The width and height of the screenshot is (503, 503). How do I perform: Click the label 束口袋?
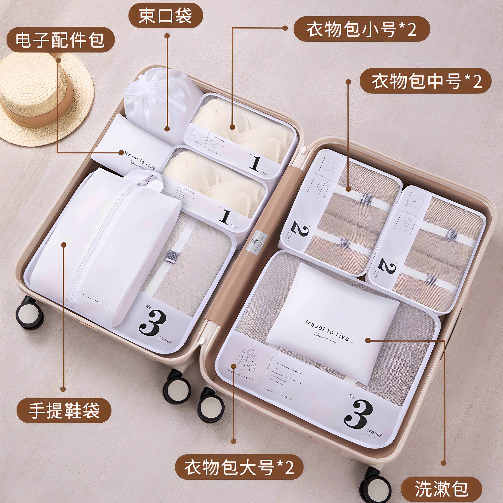click(166, 16)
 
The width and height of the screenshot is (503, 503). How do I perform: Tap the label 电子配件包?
click(60, 40)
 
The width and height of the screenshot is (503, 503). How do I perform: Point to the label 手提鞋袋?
click(64, 411)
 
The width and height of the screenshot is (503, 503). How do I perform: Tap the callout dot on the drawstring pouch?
click(167, 128)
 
